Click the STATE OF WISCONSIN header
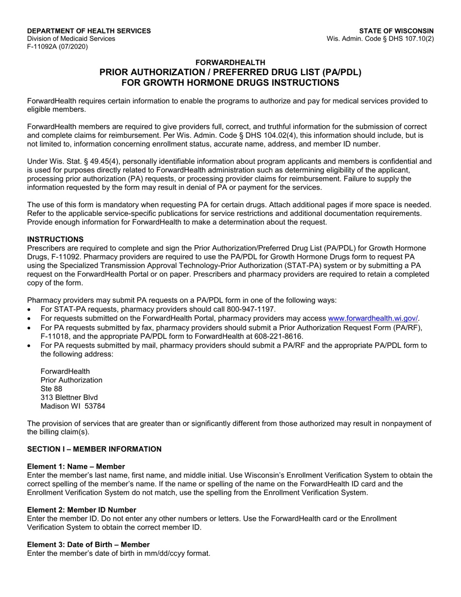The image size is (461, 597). pyautogui.click(x=396, y=31)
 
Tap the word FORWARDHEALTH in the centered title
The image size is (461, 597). pyautogui.click(x=230, y=62)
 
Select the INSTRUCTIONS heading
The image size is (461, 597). pyautogui.click(x=55, y=239)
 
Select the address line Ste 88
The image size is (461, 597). pyautogui.click(x=51, y=388)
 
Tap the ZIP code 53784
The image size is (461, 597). pyautogui.click(x=95, y=406)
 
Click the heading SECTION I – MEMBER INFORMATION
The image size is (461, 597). pyautogui.click(x=94, y=449)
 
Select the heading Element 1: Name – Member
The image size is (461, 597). pyautogui.click(x=76, y=466)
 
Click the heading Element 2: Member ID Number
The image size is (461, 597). pyautogui.click(x=82, y=509)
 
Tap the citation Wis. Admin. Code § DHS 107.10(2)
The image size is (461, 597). pyautogui.click(x=381, y=39)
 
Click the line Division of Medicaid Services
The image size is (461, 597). pyautogui.click(x=71, y=39)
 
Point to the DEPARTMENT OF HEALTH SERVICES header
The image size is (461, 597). pyautogui.click(x=89, y=31)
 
